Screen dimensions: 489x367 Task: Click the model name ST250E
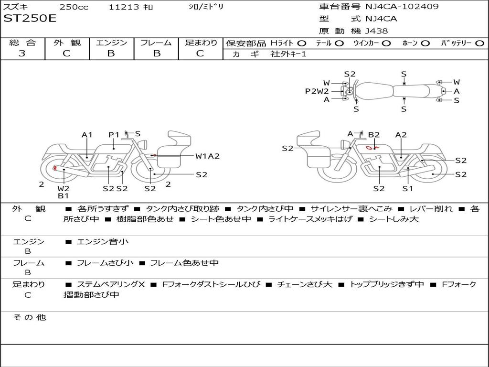click(30, 19)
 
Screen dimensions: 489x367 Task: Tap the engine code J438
click(376, 31)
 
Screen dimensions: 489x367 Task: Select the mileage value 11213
click(124, 7)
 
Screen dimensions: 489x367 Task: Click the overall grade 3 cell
click(22, 54)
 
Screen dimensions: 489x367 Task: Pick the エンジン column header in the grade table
click(111, 43)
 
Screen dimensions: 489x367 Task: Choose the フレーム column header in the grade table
click(156, 43)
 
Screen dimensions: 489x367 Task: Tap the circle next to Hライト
click(301, 43)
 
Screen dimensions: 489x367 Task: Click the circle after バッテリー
click(479, 43)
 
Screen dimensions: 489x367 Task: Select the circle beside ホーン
click(425, 43)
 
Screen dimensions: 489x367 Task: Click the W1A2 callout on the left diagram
click(207, 156)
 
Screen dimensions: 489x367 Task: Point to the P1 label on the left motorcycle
click(114, 135)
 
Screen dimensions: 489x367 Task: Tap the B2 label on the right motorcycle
click(373, 135)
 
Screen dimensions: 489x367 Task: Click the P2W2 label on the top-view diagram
click(317, 91)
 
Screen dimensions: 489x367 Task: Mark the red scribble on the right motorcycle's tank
click(370, 148)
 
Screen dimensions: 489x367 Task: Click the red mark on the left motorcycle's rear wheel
click(55, 168)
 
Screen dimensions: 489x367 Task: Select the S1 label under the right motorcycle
click(407, 188)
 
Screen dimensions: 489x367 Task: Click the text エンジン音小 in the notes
click(103, 242)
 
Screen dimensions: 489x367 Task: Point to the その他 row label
click(30, 317)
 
